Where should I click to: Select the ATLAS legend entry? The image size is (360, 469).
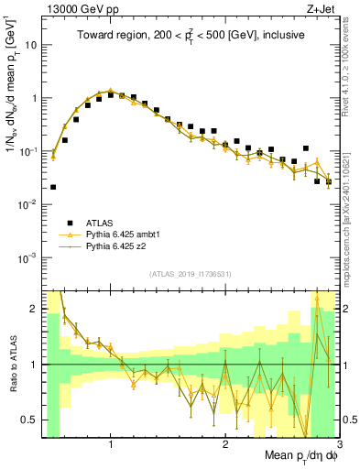pos(101,223)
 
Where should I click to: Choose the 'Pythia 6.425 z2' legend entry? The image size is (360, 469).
pos(119,246)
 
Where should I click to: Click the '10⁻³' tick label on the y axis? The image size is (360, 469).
pos(30,256)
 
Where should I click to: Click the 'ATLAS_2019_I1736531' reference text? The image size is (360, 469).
pos(190,274)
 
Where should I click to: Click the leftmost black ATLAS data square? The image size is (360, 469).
pos(53,187)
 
